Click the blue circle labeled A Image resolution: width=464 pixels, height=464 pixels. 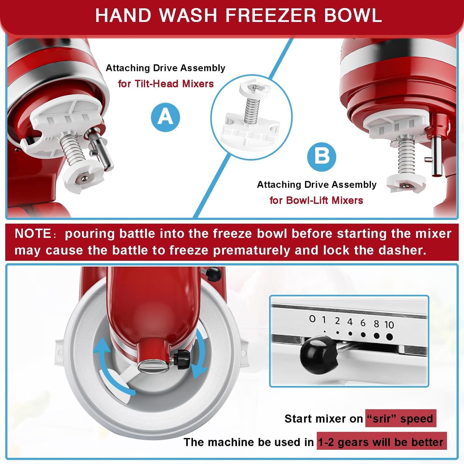(x=165, y=117)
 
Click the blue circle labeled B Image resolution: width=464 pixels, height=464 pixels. (x=321, y=157)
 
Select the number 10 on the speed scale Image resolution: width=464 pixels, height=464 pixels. (x=389, y=325)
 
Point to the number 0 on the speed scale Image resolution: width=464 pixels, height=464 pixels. (x=312, y=319)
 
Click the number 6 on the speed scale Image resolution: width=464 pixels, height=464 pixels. (x=363, y=323)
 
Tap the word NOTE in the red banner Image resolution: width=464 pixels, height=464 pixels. (x=33, y=233)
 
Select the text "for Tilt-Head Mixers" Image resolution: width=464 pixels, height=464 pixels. (x=166, y=84)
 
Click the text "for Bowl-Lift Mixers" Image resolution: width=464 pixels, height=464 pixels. (x=316, y=200)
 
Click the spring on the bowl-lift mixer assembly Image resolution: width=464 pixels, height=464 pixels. (x=406, y=156)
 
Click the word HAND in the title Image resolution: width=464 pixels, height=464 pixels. (x=123, y=15)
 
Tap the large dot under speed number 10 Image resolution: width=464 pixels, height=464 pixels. (x=389, y=337)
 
